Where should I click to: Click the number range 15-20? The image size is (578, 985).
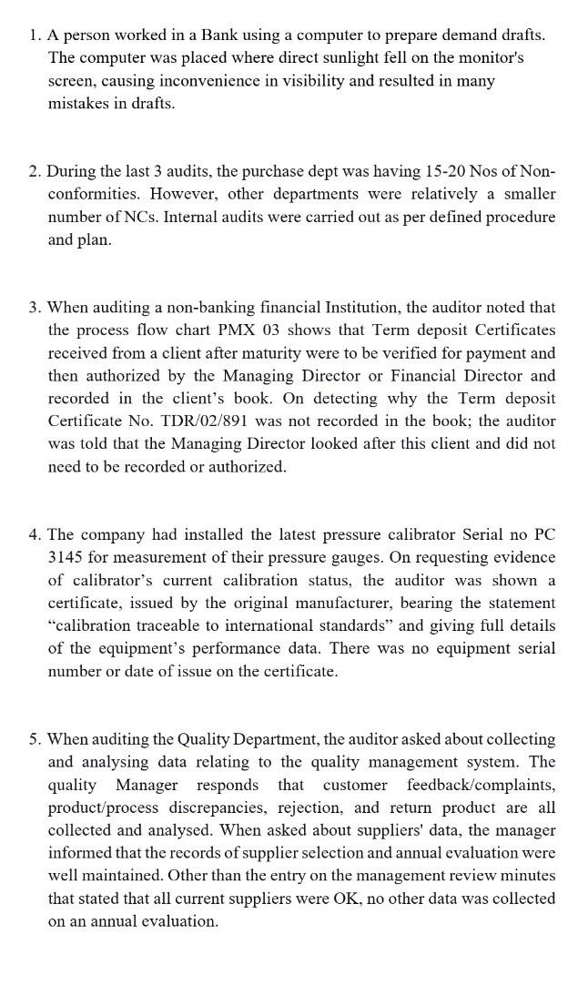click(444, 171)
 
